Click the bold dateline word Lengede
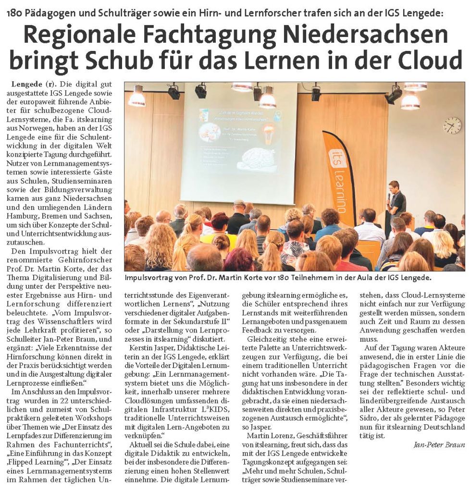[x=28, y=84]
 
